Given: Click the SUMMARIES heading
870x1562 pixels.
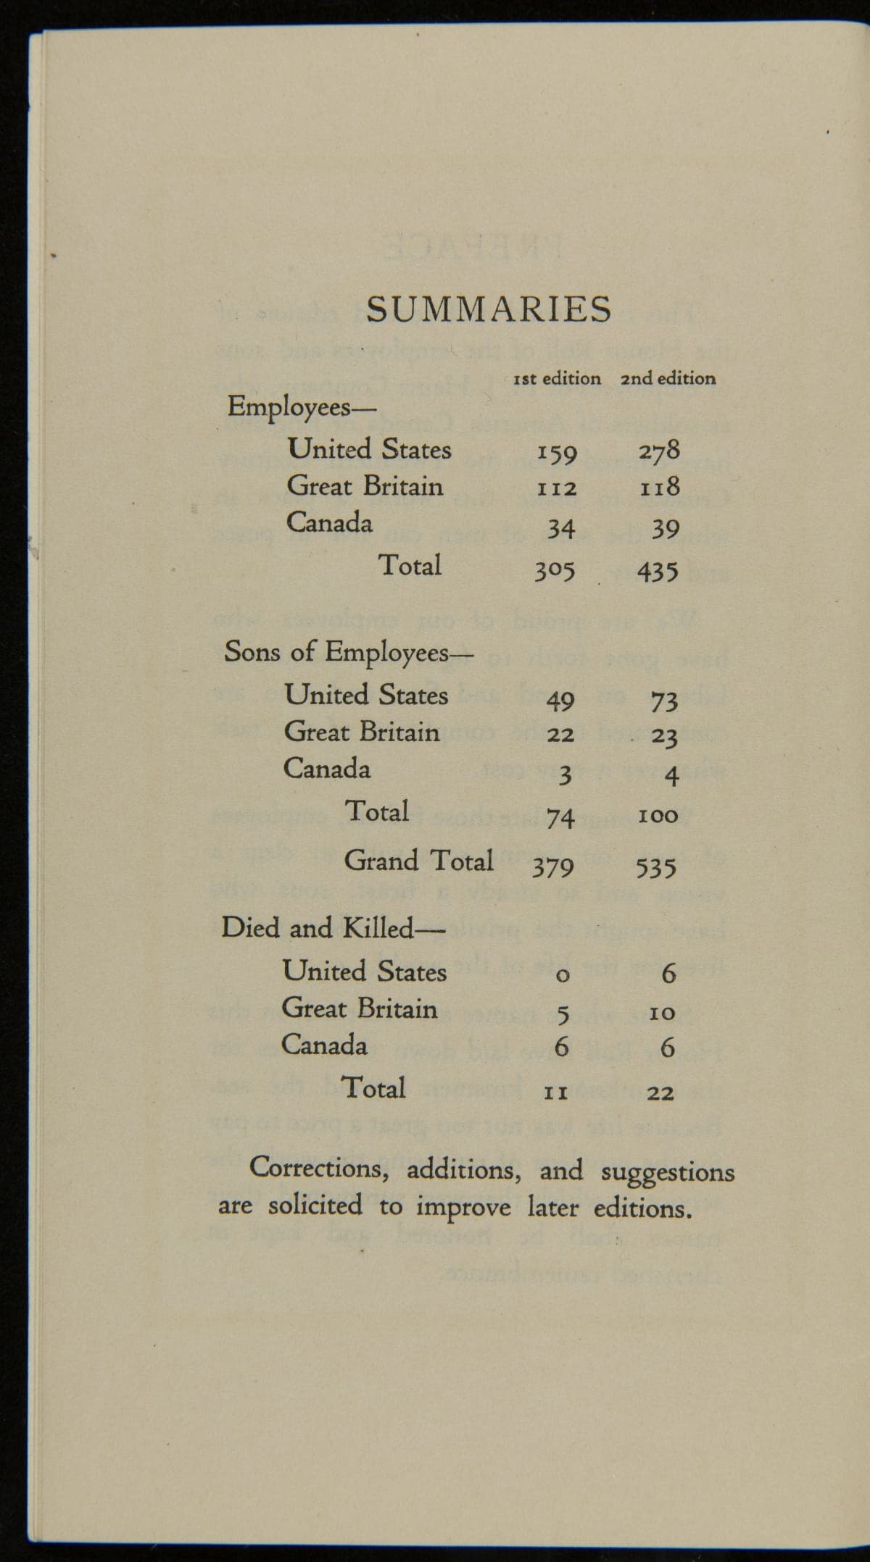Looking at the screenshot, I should [489, 311].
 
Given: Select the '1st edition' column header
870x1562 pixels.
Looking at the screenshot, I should [557, 378].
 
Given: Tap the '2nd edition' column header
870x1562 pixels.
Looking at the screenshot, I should [668, 378].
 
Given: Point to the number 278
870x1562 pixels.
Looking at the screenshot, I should [659, 451].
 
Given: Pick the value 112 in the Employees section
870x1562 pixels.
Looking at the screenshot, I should [556, 490].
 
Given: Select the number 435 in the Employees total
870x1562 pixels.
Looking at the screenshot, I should [658, 572].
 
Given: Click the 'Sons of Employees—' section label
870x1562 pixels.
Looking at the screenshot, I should [348, 652].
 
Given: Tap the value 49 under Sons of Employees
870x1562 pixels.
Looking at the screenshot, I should [560, 700].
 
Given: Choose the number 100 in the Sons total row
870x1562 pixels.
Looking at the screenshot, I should [658, 816].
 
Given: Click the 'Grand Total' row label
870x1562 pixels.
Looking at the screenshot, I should [418, 861].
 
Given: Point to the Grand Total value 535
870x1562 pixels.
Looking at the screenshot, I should [656, 866].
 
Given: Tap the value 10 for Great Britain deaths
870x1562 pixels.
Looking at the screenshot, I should [663, 1012].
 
